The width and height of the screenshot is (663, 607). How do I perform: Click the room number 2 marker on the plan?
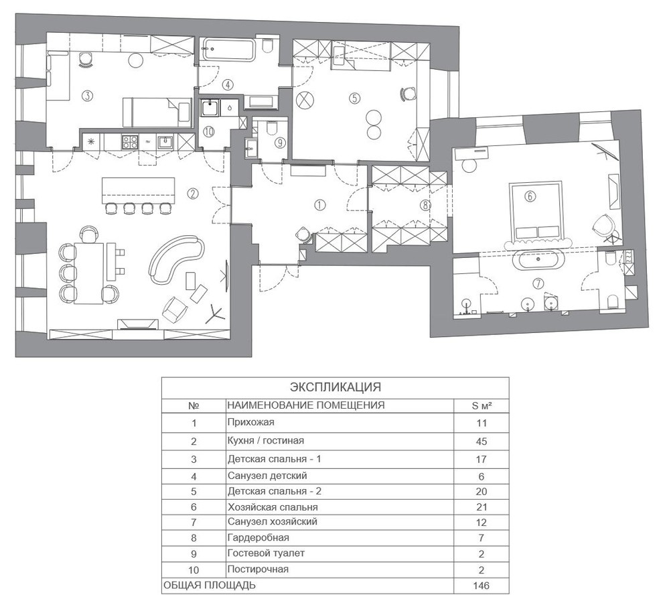(x=192, y=194)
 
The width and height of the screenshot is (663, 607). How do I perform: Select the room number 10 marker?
(x=208, y=131)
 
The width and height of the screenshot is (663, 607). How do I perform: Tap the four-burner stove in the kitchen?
(x=129, y=141)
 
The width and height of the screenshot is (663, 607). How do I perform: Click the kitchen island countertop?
(x=138, y=190)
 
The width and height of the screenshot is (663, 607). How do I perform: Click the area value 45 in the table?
(x=482, y=442)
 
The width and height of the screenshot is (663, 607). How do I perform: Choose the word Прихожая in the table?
(x=250, y=422)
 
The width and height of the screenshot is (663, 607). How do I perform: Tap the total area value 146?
(x=482, y=586)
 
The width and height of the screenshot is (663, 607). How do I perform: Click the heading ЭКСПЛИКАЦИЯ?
(x=336, y=387)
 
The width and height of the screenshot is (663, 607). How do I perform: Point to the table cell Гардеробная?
(x=259, y=537)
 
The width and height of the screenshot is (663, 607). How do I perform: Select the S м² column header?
(x=482, y=405)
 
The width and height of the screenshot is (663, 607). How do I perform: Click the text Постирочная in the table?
(x=258, y=569)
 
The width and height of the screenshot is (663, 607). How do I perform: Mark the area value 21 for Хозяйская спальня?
(x=482, y=507)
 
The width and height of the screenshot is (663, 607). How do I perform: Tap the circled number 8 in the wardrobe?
(x=425, y=205)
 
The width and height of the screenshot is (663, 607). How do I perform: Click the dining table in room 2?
(x=89, y=273)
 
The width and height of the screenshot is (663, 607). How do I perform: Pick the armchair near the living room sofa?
(x=175, y=310)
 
